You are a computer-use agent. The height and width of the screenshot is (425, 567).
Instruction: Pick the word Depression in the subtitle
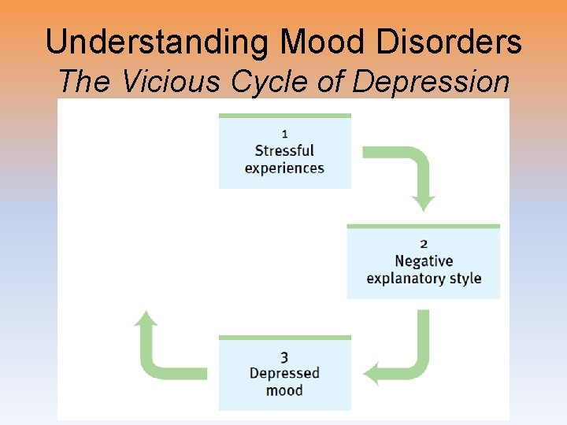pos(431,82)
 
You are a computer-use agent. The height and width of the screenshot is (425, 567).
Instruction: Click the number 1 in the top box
pos(284,132)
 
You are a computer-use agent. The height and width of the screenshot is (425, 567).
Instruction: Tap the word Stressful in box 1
pos(284,150)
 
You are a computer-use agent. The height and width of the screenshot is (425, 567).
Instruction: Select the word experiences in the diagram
pos(284,168)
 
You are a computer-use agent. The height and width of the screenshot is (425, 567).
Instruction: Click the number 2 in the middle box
pos(424,243)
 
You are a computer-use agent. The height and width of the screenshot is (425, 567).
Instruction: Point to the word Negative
pos(424,261)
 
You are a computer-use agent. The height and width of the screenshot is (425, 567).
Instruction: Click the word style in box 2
pos(465,279)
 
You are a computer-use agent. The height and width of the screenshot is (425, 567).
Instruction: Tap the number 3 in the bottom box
pos(284,356)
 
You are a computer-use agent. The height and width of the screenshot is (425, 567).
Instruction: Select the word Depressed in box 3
pos(284,373)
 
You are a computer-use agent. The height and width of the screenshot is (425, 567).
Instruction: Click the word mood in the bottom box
pos(284,390)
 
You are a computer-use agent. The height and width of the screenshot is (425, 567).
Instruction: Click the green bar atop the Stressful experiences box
pos(284,116)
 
